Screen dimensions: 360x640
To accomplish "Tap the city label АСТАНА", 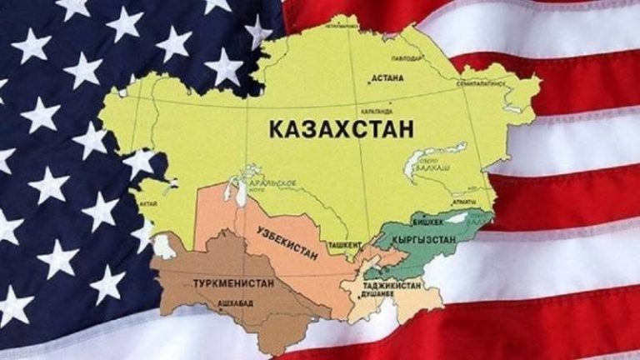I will (x=390, y=79).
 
